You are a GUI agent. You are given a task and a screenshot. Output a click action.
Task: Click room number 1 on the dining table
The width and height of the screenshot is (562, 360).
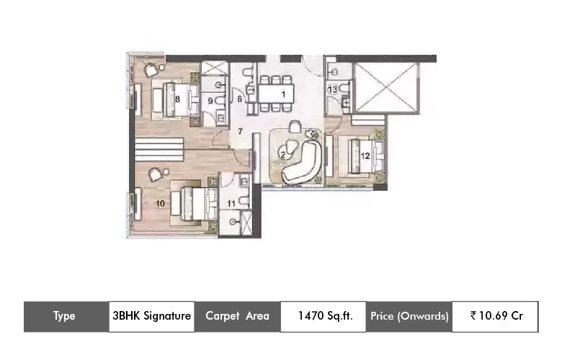coord(284,94)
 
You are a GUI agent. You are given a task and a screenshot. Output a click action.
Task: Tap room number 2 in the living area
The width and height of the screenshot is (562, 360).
coord(283,154)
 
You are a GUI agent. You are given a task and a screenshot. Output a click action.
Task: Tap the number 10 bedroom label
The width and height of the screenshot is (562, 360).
coord(160,204)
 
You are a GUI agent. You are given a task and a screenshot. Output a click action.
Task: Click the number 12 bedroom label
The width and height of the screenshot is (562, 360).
coord(365,155)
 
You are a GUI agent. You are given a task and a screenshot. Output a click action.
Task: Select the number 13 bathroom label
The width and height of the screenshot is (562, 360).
coord(332,89)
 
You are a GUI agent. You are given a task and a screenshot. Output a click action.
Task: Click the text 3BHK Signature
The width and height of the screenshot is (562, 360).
coord(151,316)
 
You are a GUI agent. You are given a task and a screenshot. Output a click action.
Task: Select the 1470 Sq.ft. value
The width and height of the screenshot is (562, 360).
coord(324,316)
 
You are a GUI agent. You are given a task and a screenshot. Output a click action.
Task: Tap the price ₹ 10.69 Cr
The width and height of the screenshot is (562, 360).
coord(496,316)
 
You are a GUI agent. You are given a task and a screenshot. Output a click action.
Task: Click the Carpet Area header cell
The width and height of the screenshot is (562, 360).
coord(237,316)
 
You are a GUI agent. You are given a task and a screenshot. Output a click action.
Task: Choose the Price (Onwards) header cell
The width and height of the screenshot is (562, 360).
coord(409,316)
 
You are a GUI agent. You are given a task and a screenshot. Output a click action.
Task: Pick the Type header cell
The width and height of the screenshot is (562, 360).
coord(65,316)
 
